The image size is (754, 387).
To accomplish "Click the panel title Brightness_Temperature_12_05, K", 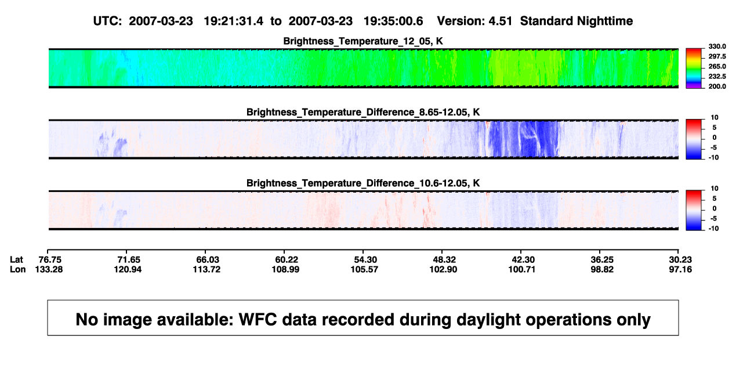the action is tap(363, 41).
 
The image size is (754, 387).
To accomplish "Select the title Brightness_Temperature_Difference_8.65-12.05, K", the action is tap(363, 112).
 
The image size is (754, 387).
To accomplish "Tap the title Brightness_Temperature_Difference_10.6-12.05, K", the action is tap(363, 183).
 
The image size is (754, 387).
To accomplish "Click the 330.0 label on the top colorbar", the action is tap(717, 46).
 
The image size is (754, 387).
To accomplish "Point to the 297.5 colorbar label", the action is tap(717, 56).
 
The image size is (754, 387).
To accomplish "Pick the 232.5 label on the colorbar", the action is tap(717, 77).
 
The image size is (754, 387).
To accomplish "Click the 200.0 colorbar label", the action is tap(717, 86).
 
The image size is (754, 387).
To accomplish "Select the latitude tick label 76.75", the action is tap(50, 260).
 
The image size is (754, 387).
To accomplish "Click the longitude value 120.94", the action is tap(128, 269).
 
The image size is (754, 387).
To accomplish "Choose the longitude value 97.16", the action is tap(680, 269).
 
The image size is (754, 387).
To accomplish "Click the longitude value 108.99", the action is tap(285, 269).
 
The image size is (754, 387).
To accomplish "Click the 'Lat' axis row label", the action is tap(16, 260).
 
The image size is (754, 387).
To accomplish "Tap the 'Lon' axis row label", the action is tap(18, 269).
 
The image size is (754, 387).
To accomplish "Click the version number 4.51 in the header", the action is tap(501, 21).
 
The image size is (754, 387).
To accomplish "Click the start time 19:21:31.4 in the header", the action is tap(234, 21).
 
